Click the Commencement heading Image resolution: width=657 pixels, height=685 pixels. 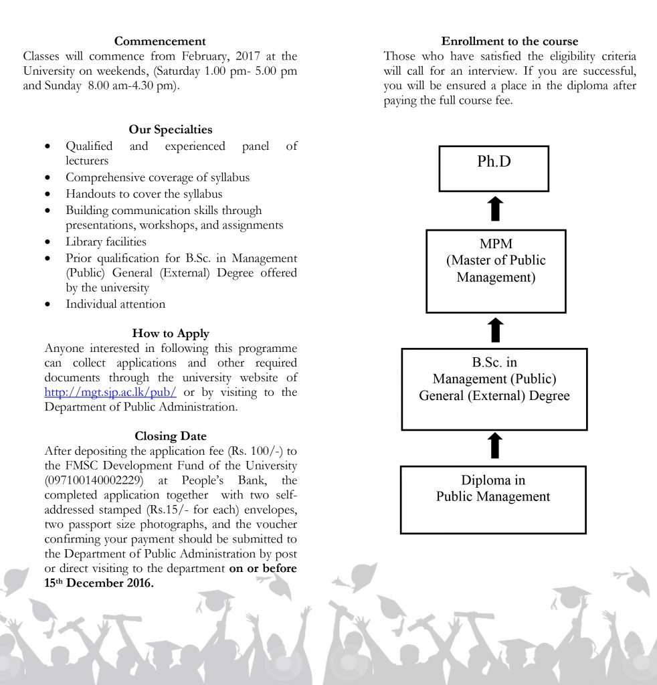point(160,41)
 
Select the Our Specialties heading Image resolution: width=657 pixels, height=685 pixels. point(171,130)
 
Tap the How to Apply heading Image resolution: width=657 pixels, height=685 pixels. point(171,333)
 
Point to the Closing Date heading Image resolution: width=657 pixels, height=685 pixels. point(171,436)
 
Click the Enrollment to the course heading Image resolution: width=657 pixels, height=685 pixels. point(510,41)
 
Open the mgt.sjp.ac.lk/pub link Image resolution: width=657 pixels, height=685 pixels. point(110,393)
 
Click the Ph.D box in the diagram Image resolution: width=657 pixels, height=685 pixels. point(494,169)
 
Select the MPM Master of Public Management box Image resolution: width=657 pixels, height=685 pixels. point(496,271)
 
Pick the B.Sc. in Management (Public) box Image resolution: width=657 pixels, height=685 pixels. point(494,389)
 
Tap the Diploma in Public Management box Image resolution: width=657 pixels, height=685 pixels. point(493,499)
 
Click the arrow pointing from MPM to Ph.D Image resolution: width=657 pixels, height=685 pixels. point(494,209)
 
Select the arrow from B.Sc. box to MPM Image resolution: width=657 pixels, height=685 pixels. point(494,330)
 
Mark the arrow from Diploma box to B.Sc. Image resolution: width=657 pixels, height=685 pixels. point(494,446)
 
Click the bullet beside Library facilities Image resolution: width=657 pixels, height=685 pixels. point(47,242)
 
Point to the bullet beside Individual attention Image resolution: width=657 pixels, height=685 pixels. point(47,304)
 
